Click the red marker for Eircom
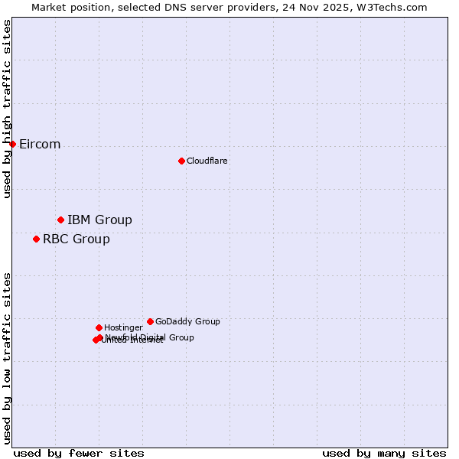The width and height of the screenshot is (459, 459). (x=12, y=144)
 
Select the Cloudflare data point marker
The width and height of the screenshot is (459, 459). (x=181, y=161)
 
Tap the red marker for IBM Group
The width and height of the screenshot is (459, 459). (x=60, y=220)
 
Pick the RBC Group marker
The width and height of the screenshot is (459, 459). (x=36, y=239)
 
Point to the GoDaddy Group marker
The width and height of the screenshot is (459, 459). (x=150, y=321)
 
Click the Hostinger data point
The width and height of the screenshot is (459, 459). (x=99, y=327)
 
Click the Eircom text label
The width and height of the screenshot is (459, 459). (x=40, y=145)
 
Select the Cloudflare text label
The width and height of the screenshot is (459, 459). (x=207, y=161)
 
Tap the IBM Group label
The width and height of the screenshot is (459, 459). (x=99, y=220)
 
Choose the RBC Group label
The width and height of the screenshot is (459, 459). (x=76, y=239)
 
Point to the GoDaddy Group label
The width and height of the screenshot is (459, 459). (x=187, y=321)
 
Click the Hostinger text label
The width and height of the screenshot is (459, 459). (x=123, y=327)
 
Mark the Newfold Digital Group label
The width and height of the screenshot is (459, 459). (x=150, y=337)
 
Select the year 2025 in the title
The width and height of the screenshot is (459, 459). (x=345, y=7)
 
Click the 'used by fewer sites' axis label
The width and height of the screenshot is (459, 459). (x=79, y=453)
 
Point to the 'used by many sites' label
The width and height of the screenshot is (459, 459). (x=384, y=453)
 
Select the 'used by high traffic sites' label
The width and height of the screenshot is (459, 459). (x=8, y=109)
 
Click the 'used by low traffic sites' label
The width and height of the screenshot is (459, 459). (x=8, y=358)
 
